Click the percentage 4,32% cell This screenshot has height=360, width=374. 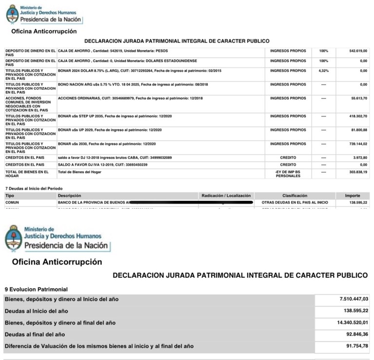(323, 71)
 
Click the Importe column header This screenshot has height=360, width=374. (352, 196)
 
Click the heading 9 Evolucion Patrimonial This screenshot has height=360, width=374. (36, 289)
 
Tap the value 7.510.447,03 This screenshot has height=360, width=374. (348, 299)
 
